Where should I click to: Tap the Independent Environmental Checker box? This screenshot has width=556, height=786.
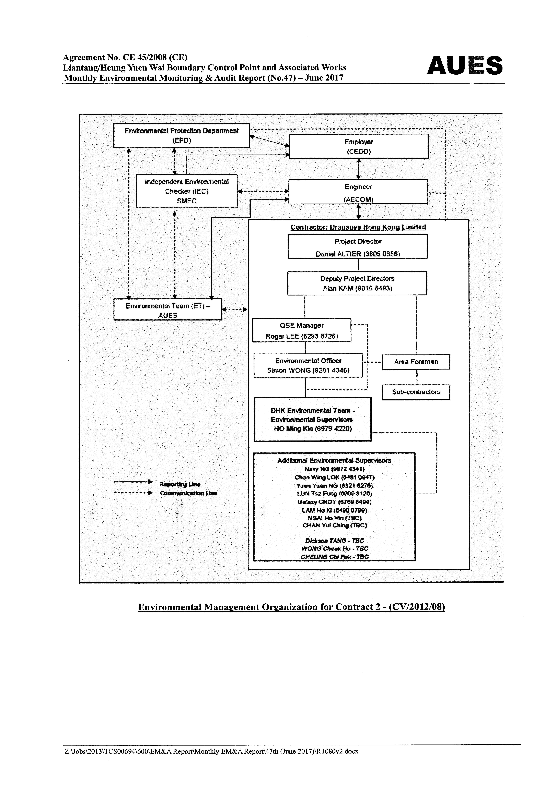pos(187,191)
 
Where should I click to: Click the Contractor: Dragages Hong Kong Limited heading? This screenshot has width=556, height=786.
pos(358,227)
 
